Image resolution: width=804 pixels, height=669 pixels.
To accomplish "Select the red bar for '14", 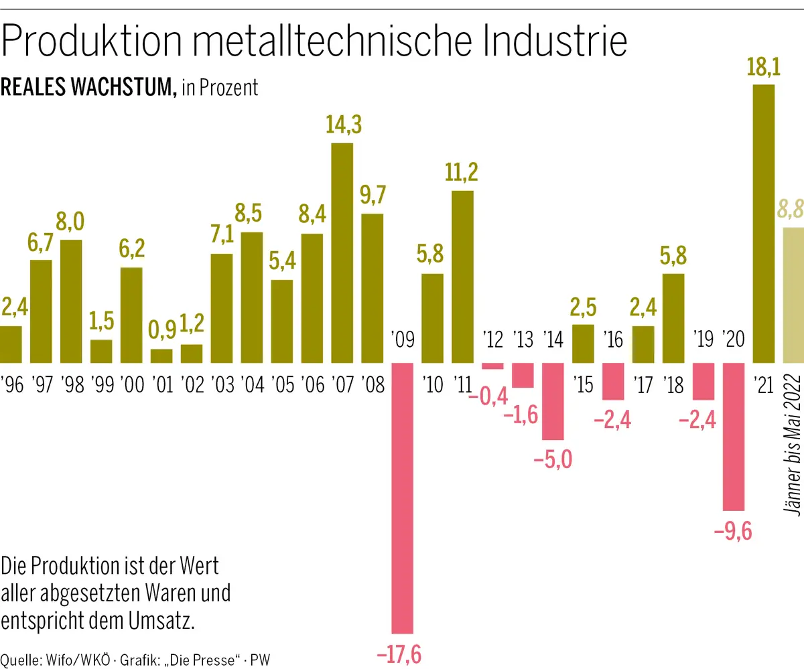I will [x=553, y=400].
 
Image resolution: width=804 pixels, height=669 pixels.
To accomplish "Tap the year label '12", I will [x=492, y=340].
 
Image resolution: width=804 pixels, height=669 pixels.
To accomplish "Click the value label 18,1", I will [x=764, y=68].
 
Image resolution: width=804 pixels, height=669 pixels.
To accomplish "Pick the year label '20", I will [x=734, y=340].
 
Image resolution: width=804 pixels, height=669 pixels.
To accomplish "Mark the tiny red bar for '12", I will [x=492, y=366].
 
